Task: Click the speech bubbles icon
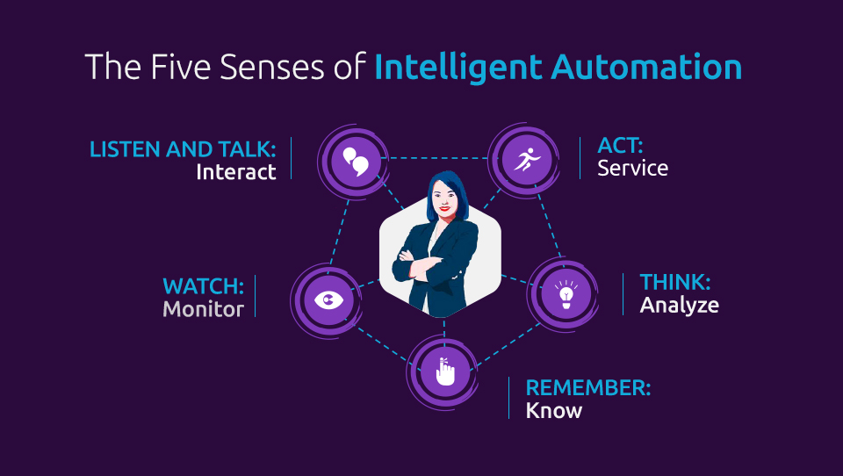click(356, 161)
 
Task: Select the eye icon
click(328, 299)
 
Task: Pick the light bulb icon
click(566, 293)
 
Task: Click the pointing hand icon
click(445, 371)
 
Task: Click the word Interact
click(236, 172)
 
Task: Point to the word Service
click(633, 169)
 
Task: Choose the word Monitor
click(203, 309)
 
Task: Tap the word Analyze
click(679, 306)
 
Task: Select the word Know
click(554, 411)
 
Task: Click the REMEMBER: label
click(588, 388)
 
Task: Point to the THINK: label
click(675, 283)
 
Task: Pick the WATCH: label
click(203, 286)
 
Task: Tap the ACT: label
click(621, 146)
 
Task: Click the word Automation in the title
click(646, 68)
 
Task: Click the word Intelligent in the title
click(458, 69)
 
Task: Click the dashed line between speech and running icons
click(439, 158)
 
